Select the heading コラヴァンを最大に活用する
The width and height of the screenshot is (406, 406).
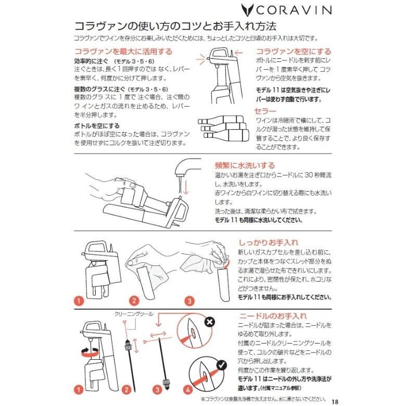point(123,52)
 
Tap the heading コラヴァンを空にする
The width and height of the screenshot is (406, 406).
point(293,52)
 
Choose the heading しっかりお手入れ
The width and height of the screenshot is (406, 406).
point(269,242)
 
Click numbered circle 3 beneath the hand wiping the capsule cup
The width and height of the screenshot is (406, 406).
point(189,300)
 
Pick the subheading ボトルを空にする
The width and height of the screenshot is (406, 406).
point(96,125)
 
